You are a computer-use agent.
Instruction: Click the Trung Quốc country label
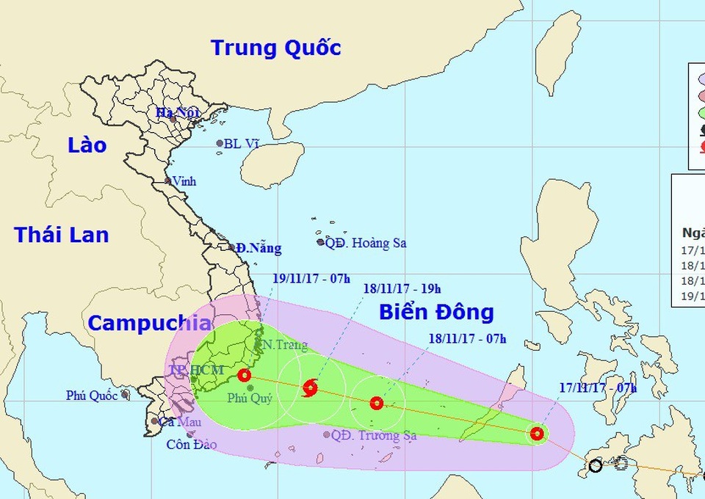[x=276, y=48]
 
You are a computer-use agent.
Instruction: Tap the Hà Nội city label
[x=173, y=112]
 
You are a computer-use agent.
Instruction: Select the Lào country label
[x=87, y=145]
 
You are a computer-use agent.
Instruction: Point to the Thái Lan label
[x=62, y=235]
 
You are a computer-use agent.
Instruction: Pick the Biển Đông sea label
[x=436, y=312]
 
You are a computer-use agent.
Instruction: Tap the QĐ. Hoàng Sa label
[x=366, y=243]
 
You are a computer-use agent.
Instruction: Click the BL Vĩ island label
[x=242, y=145]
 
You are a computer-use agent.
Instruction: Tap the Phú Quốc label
[x=92, y=396]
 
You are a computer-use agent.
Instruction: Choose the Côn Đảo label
[x=191, y=444]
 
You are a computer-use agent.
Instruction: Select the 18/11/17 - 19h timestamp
[x=402, y=289]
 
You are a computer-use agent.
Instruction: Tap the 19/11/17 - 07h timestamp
[x=300, y=278]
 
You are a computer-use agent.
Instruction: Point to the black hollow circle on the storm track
[x=595, y=465]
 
